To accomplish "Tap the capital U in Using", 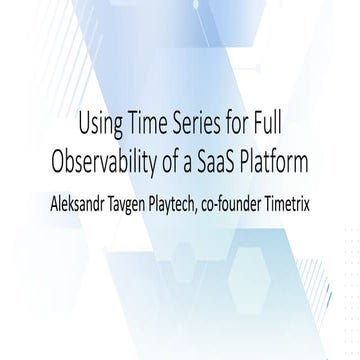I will coord(82,127).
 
